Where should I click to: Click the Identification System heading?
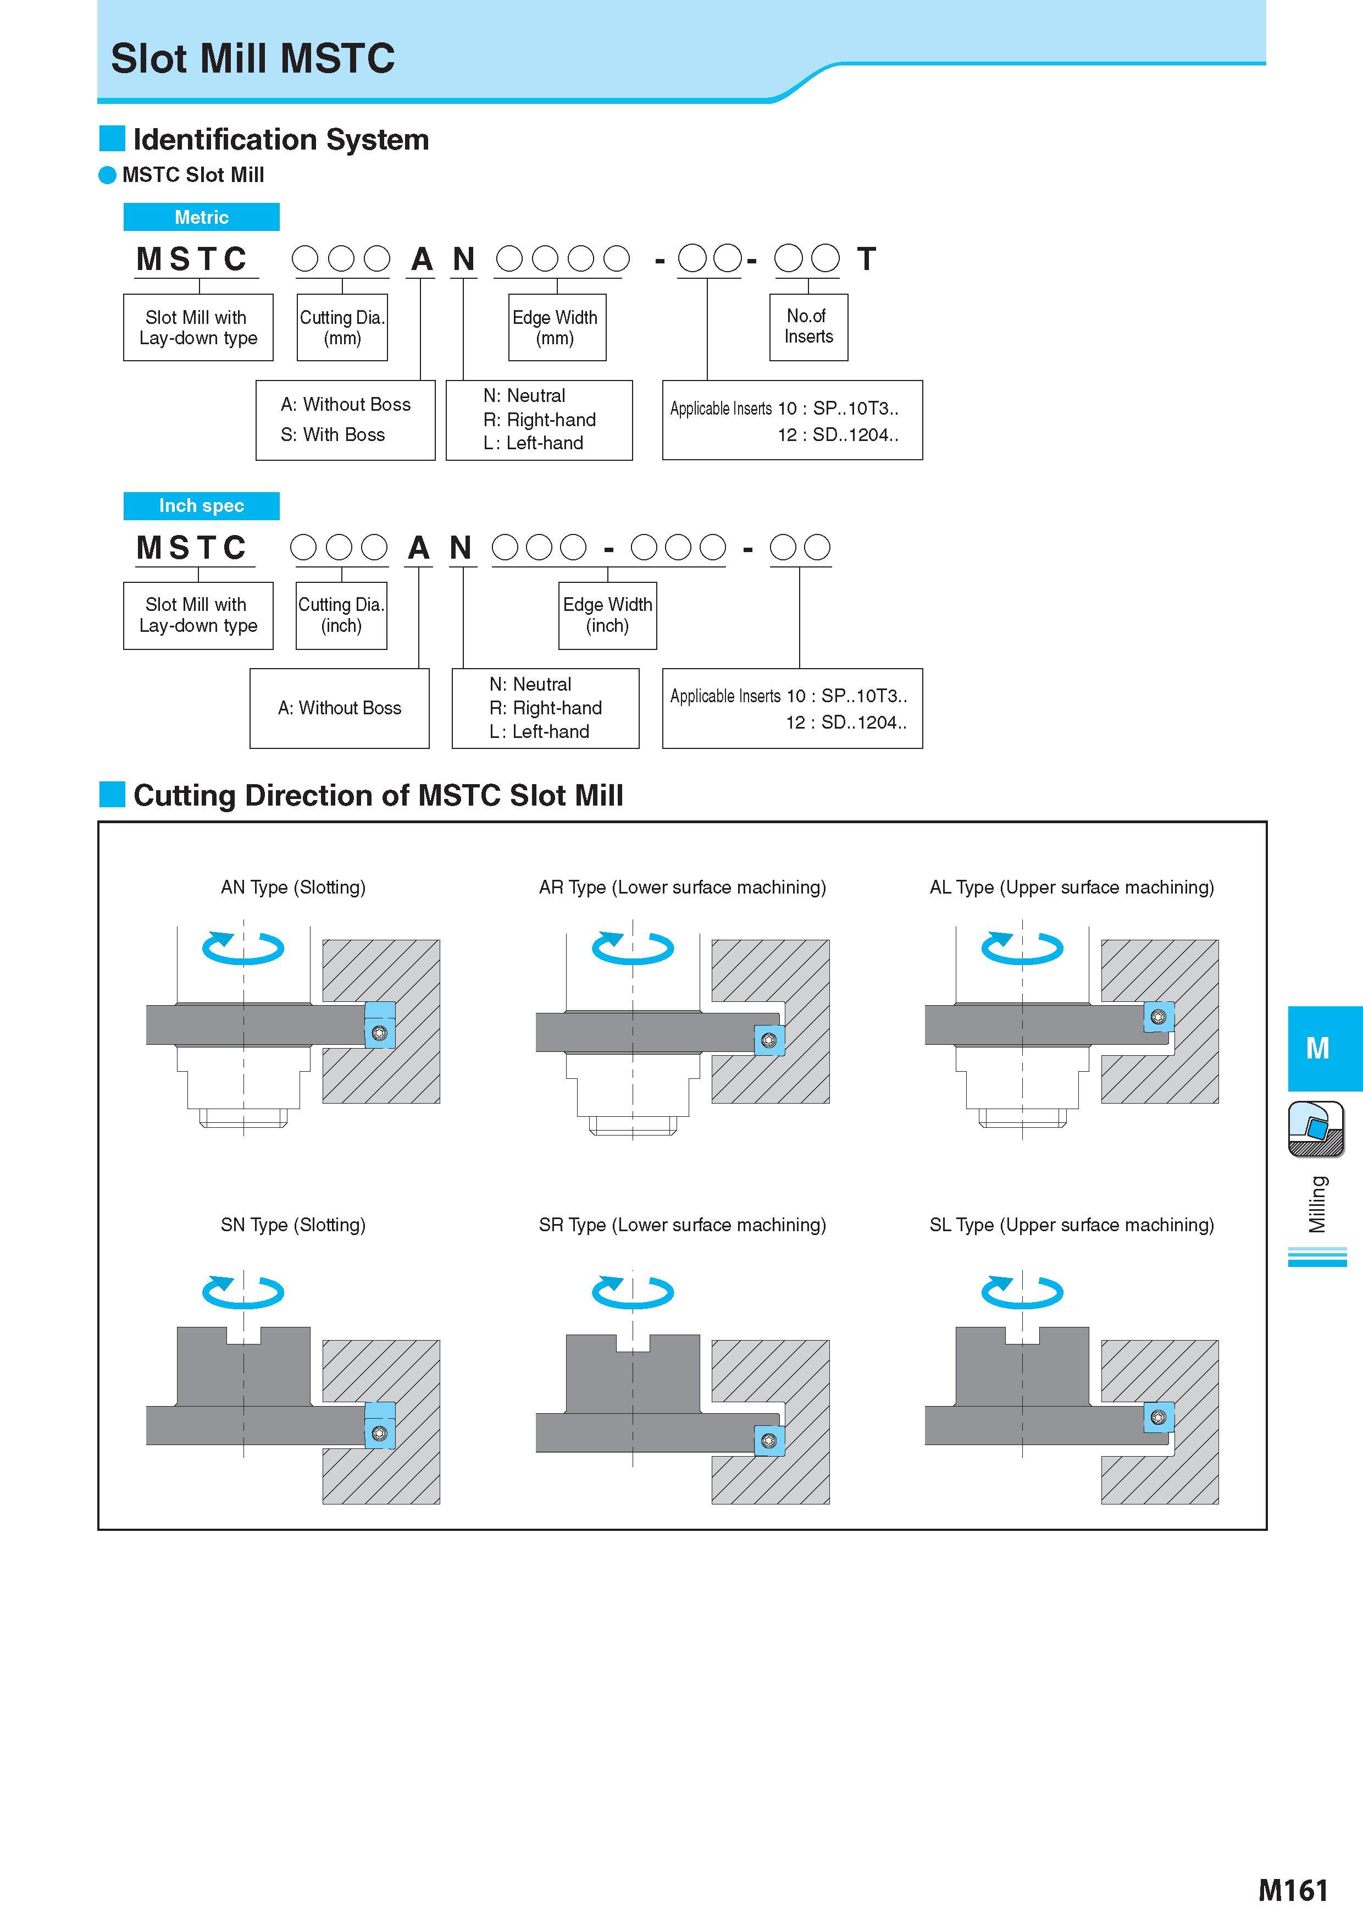[280, 140]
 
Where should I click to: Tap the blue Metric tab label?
[202, 217]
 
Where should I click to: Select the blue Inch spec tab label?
[202, 506]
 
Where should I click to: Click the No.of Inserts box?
[808, 327]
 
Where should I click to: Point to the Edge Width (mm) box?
[557, 327]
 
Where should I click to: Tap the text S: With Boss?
[333, 435]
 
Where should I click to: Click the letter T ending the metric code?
[867, 259]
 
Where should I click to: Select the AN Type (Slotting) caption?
[293, 887]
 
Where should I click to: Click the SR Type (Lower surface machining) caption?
[683, 1225]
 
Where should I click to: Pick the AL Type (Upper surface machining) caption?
[1072, 887]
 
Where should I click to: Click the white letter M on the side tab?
[1317, 1049]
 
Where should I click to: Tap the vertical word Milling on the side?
[1317, 1204]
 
